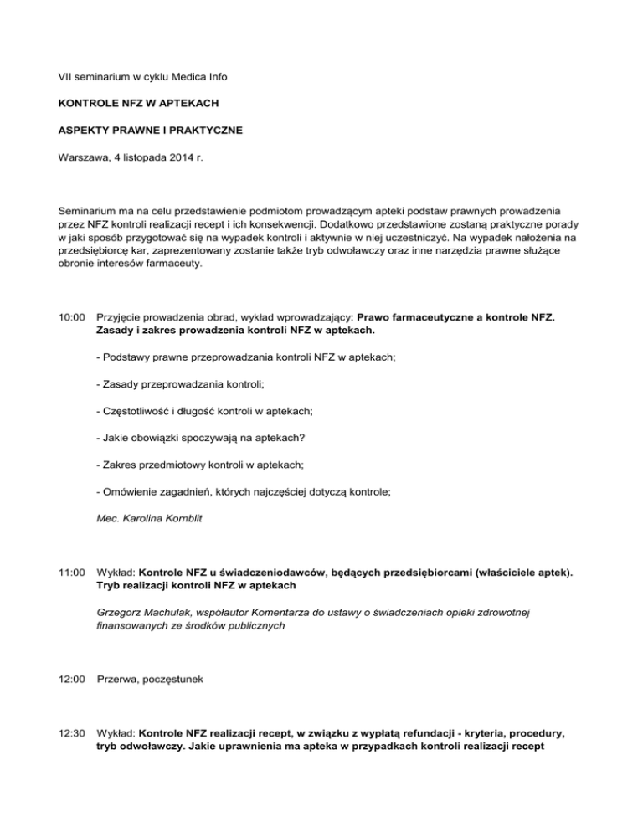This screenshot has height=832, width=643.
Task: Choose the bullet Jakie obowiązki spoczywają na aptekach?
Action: click(x=199, y=436)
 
